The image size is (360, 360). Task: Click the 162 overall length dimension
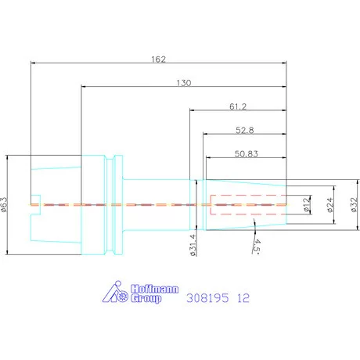tap(158, 59)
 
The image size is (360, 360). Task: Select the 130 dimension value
tap(184, 83)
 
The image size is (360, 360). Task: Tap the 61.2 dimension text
tap(238, 106)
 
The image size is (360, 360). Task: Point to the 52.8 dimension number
tap(245, 130)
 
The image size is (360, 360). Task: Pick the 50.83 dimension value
tap(247, 153)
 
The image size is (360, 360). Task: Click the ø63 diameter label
tap(5, 205)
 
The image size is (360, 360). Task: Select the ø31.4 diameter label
tap(193, 245)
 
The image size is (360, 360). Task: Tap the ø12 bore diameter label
tap(308, 204)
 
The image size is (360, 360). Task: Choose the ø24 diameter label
tap(330, 205)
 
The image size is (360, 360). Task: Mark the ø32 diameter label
tap(354, 205)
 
